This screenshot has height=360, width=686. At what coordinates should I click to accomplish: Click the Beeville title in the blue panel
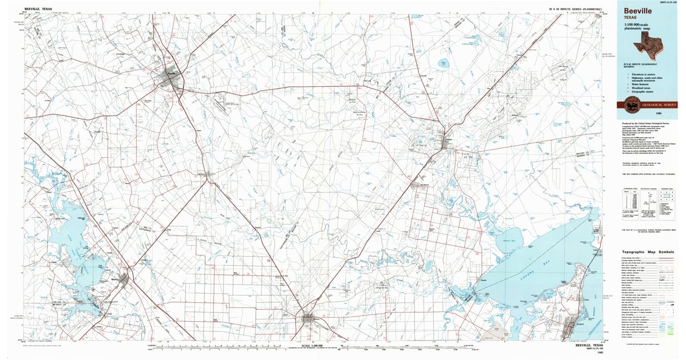tap(637, 10)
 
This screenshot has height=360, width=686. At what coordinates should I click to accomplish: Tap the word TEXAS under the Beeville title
tap(631, 18)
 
